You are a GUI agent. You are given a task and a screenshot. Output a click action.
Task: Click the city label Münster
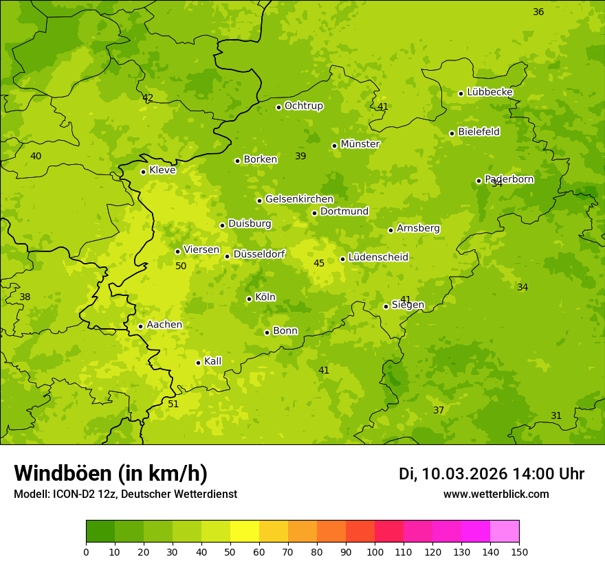360,144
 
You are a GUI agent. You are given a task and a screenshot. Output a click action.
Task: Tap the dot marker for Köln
249,299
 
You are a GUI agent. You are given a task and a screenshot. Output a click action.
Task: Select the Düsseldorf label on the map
259,254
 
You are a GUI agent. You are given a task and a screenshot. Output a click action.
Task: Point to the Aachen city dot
140,326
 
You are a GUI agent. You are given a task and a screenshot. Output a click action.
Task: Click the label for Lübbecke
489,92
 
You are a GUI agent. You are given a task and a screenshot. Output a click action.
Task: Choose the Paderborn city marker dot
478,181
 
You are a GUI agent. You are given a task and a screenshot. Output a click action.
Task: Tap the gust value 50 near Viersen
181,266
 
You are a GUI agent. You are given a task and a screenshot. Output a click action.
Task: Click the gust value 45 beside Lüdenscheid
319,263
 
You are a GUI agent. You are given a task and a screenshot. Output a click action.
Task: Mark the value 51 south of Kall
173,404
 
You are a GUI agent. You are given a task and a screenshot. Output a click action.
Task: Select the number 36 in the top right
538,12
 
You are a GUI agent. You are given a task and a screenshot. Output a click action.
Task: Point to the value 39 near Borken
300,156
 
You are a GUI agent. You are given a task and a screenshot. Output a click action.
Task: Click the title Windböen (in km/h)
111,473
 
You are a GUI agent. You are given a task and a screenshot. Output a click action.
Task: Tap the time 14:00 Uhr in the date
549,474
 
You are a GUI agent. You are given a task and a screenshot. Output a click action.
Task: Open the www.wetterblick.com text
496,494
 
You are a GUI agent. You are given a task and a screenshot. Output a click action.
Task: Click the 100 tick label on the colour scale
375,551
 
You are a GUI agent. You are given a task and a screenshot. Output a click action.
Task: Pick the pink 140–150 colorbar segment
505,532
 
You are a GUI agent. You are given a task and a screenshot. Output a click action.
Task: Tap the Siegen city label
408,305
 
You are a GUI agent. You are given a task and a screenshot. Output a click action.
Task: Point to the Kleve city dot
143,172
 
